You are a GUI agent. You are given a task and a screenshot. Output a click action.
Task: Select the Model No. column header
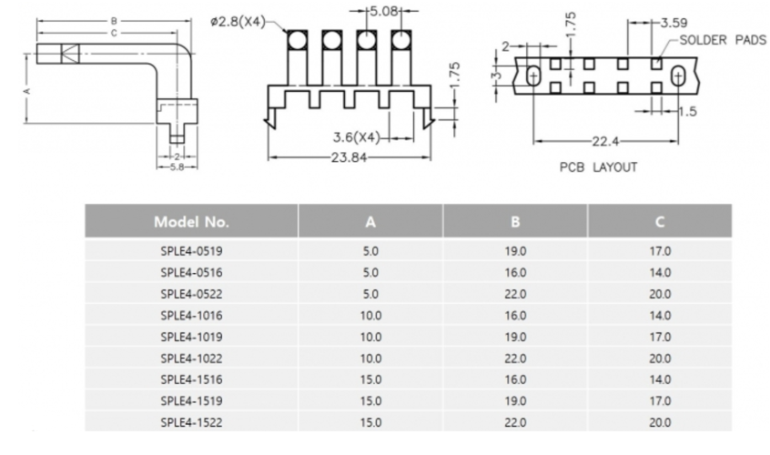(191, 221)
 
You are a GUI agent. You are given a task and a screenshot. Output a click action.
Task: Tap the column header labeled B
(515, 221)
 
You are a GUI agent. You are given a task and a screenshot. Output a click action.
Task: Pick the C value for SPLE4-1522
(660, 421)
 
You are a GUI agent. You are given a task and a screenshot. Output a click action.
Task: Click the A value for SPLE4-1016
(370, 315)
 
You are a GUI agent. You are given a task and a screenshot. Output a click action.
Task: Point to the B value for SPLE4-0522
(515, 294)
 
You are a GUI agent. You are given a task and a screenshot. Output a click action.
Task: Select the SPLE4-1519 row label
(191, 400)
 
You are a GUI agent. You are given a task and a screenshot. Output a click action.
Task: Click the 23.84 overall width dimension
(349, 157)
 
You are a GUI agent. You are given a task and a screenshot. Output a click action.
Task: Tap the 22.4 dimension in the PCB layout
(604, 141)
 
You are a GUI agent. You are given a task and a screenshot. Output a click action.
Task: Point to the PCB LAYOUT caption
(598, 167)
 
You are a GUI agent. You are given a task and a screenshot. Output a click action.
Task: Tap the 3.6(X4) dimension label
(356, 137)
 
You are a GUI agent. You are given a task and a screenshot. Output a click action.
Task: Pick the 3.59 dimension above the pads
(674, 22)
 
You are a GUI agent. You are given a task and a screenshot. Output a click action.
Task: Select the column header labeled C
(660, 221)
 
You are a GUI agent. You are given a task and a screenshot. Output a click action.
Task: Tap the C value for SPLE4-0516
(660, 272)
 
